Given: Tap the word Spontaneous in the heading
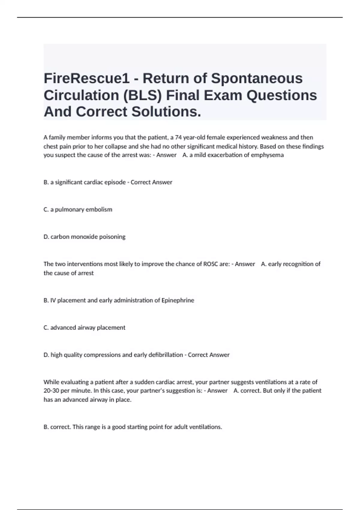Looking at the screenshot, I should tap(257, 79).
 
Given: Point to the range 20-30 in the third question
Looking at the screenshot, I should tap(51, 391).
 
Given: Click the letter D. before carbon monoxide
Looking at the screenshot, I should tap(46, 237).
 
